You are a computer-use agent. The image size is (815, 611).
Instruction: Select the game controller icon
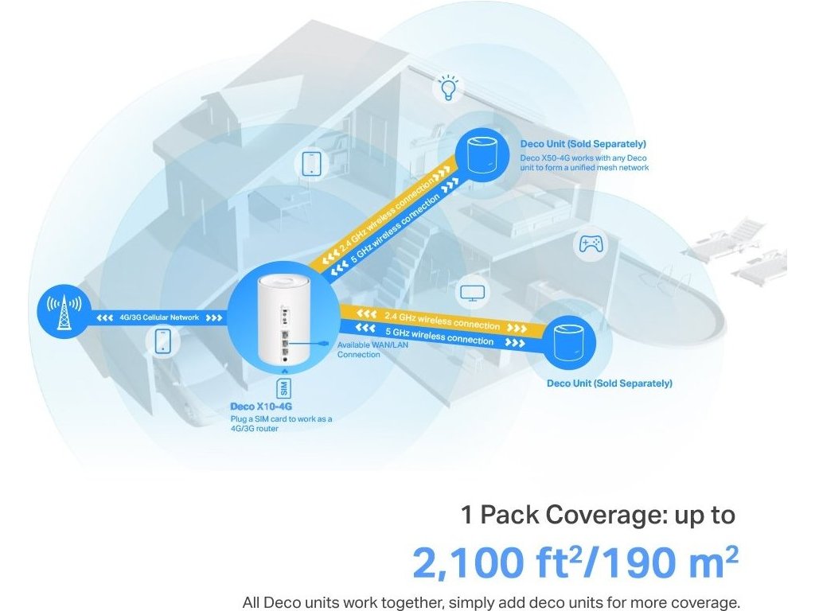(x=590, y=243)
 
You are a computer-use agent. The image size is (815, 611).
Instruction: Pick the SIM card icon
(x=284, y=389)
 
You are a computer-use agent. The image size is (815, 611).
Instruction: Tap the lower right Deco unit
(x=571, y=341)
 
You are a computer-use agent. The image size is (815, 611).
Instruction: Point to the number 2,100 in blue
(x=472, y=562)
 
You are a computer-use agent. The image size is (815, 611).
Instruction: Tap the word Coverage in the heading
(x=597, y=515)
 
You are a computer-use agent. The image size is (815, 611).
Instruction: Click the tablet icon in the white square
(x=312, y=164)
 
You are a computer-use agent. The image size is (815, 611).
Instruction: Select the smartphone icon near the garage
(x=162, y=341)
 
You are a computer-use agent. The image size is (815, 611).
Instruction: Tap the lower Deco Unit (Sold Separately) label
(x=610, y=383)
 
